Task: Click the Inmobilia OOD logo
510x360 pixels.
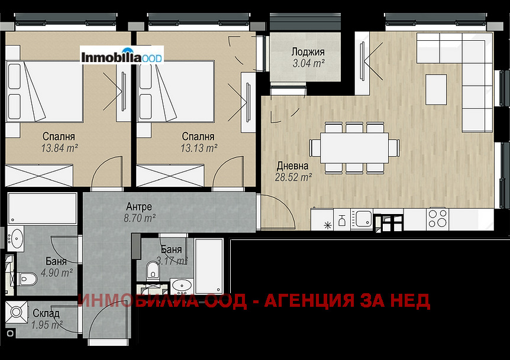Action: point(122,58)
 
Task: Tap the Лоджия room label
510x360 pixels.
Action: point(308,51)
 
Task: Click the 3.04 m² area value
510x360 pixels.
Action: point(308,62)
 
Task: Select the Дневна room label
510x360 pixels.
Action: point(293,166)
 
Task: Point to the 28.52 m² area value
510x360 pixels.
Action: point(293,176)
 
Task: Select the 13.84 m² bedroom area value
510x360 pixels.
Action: point(60,147)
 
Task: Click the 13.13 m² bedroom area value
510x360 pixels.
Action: point(199,147)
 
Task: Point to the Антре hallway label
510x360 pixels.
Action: point(139,207)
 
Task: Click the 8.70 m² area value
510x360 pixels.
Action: point(140,218)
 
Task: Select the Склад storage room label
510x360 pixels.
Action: point(46,314)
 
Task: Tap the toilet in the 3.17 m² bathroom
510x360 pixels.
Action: point(153,271)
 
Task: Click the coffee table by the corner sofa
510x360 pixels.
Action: point(436,89)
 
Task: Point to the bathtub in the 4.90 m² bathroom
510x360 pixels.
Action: point(43,209)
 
